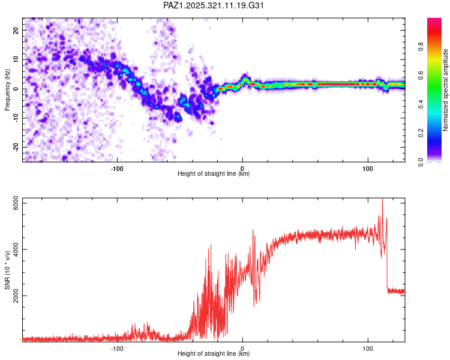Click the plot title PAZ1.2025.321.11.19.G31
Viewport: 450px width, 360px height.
[x=214, y=5]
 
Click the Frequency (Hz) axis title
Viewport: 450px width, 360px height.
[x=7, y=90]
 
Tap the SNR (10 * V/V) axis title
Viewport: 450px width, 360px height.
[x=7, y=271]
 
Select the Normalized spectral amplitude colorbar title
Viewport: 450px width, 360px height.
[x=446, y=90]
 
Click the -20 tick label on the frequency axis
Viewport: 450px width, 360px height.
[x=15, y=147]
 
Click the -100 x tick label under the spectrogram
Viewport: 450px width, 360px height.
[x=117, y=168]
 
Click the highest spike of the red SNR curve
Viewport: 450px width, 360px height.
[x=382, y=200]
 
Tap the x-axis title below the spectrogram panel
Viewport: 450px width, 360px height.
[x=214, y=174]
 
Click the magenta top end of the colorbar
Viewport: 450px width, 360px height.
[x=434, y=20]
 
